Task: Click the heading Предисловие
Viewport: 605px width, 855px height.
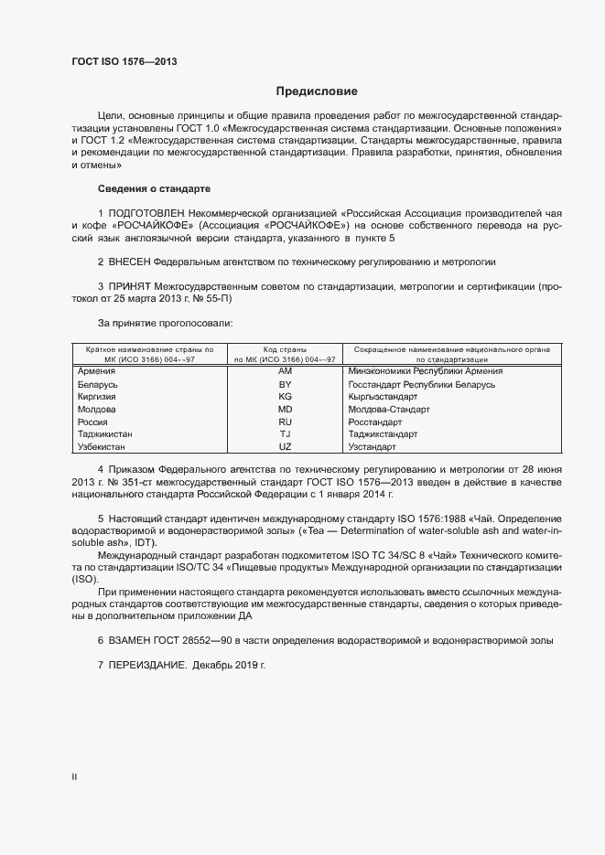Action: point(317,91)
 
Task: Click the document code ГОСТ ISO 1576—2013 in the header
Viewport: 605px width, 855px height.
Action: point(124,61)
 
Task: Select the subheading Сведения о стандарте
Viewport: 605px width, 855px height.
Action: point(154,188)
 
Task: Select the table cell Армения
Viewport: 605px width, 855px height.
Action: point(96,371)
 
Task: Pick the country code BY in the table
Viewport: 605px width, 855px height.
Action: point(285,384)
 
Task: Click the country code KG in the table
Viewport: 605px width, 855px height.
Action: point(285,397)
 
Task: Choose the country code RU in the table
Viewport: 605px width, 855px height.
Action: point(285,422)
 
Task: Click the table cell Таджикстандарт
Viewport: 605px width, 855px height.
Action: point(383,435)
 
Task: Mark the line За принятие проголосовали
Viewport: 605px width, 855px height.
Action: point(152,323)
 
